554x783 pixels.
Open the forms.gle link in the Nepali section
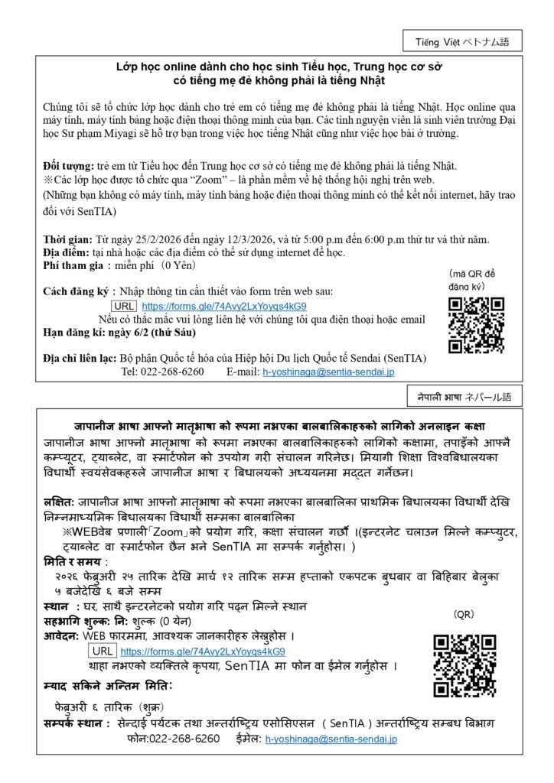tap(203, 651)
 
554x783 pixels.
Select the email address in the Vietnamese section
tap(328, 372)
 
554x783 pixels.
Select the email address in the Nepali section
tap(331, 739)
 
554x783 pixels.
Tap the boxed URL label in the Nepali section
tap(102, 651)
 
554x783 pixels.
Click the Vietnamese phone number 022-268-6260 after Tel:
tap(173, 372)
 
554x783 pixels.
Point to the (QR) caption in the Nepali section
tap(464, 614)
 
